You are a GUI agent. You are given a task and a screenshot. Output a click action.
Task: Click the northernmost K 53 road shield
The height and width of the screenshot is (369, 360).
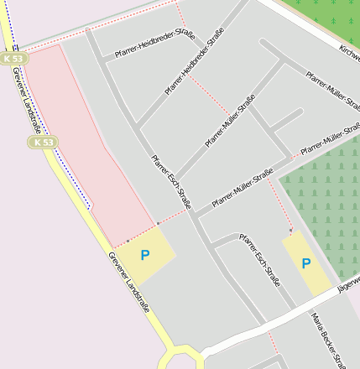tap(13, 59)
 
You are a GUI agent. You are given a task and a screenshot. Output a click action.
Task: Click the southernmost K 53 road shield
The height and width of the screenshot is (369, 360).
tap(44, 143)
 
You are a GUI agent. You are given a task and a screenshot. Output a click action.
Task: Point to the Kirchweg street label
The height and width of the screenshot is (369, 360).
tap(349, 52)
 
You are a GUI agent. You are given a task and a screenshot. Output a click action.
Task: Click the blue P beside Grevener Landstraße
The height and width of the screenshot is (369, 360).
tap(145, 254)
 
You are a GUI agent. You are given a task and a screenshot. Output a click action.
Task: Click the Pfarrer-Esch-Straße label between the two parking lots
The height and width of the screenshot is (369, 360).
tap(260, 261)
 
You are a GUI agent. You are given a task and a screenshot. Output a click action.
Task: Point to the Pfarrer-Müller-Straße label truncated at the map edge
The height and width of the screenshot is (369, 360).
tap(331, 140)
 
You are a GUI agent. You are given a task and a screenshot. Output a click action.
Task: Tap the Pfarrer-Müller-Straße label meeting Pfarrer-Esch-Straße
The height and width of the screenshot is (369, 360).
tap(243, 189)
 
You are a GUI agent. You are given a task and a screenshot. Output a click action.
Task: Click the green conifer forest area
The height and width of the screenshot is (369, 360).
tap(323, 210)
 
